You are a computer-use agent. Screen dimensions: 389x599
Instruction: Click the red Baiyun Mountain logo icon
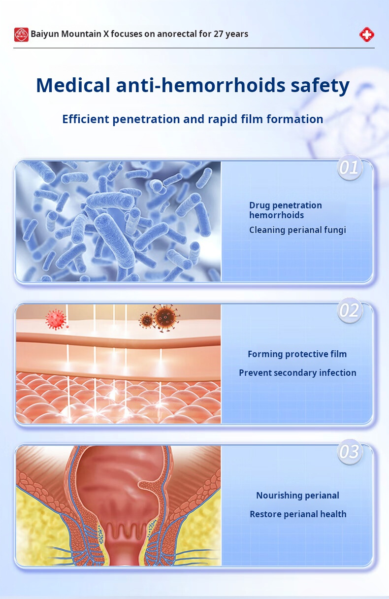[21, 34]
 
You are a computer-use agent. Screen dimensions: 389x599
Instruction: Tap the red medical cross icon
[366, 34]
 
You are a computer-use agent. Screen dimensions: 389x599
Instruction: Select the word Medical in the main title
[73, 85]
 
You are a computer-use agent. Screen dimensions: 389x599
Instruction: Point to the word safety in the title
[320, 86]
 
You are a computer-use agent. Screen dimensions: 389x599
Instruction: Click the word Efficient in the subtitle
[86, 119]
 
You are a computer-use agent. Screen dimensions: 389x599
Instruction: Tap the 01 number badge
[350, 167]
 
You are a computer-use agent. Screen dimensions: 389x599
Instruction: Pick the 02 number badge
[350, 310]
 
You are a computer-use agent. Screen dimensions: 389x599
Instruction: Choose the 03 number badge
[350, 452]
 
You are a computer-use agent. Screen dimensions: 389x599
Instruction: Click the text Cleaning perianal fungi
[297, 230]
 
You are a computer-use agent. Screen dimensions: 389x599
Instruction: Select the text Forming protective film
[297, 354]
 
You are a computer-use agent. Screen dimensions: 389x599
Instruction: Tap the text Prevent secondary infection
[297, 373]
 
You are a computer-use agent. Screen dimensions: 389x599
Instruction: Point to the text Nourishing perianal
[297, 496]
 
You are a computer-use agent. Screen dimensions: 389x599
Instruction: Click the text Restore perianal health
[298, 514]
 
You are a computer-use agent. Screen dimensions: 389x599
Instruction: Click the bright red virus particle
[56, 319]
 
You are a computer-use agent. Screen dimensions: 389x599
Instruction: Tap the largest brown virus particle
[166, 318]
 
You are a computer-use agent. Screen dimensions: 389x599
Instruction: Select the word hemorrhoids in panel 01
[276, 215]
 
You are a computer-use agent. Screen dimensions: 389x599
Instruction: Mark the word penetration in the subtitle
[146, 119]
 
